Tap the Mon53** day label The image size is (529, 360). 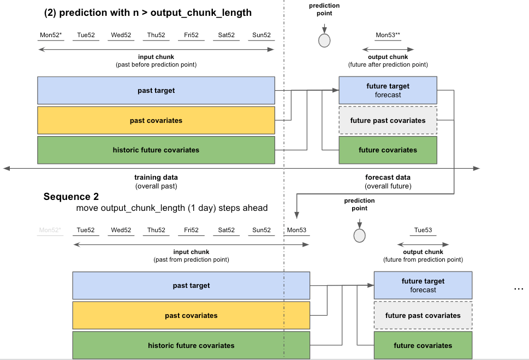tap(388, 35)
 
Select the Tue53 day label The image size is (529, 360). tap(423, 230)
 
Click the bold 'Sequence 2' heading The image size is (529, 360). tap(71, 197)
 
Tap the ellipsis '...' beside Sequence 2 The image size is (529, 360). tap(519, 287)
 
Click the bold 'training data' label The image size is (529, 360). tap(156, 178)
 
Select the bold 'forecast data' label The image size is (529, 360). tap(388, 178)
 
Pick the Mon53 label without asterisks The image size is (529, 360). tap(296, 230)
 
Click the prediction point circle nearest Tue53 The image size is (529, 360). tap(359, 235)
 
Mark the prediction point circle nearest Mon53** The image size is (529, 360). tap(324, 40)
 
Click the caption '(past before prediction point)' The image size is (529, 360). tap(156, 64)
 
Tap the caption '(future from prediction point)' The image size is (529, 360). tap(423, 259)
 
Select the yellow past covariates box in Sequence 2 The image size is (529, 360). tap(191, 315)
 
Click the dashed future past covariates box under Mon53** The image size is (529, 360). tap(388, 120)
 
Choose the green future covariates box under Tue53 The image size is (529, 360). tap(423, 345)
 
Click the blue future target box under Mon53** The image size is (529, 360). tap(388, 90)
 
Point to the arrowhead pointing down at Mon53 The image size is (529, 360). tap(296, 216)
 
